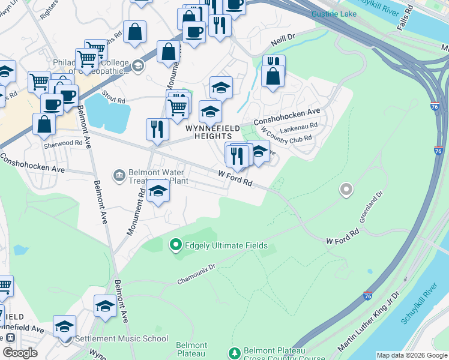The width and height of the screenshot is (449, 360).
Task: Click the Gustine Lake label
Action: tap(334, 13)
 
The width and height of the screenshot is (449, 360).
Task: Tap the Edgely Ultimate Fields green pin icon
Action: tap(176, 245)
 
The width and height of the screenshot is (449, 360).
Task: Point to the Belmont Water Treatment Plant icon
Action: tap(119, 175)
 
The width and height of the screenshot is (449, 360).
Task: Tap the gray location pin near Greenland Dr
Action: tap(346, 190)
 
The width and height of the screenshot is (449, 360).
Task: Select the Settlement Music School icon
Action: tap(67, 338)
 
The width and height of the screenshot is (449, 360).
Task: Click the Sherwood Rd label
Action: tap(62, 143)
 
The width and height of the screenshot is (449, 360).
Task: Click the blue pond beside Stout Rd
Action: tap(108, 113)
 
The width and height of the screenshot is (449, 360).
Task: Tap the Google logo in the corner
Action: tap(20, 353)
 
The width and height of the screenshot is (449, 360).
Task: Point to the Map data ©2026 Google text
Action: tap(412, 355)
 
